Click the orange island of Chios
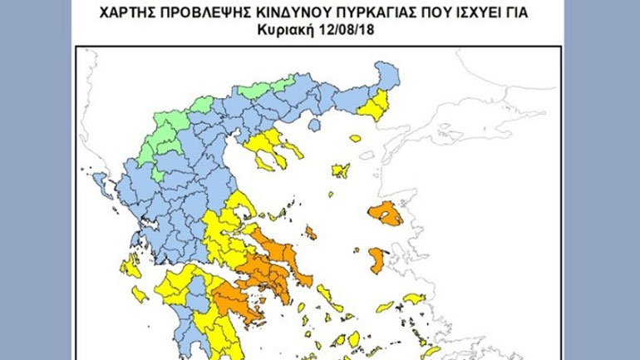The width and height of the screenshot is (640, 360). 378,259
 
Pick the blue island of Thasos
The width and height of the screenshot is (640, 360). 314,125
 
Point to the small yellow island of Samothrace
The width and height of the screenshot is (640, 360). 355,138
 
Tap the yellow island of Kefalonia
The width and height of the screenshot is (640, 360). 130,267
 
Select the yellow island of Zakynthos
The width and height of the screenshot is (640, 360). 140,293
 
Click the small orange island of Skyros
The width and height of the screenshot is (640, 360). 310,233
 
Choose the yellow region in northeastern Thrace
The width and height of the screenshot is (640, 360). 377,105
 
